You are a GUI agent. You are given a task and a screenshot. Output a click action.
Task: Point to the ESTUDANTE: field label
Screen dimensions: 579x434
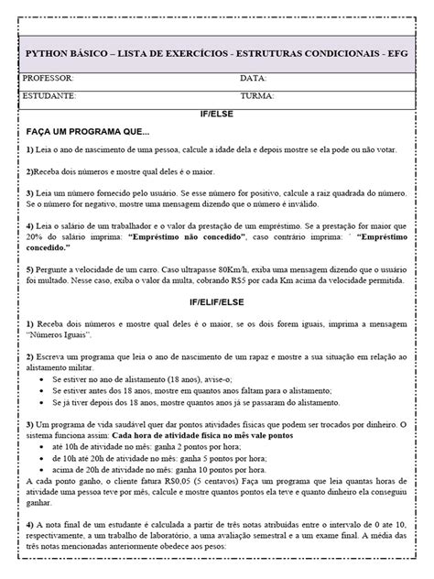point(50,94)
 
